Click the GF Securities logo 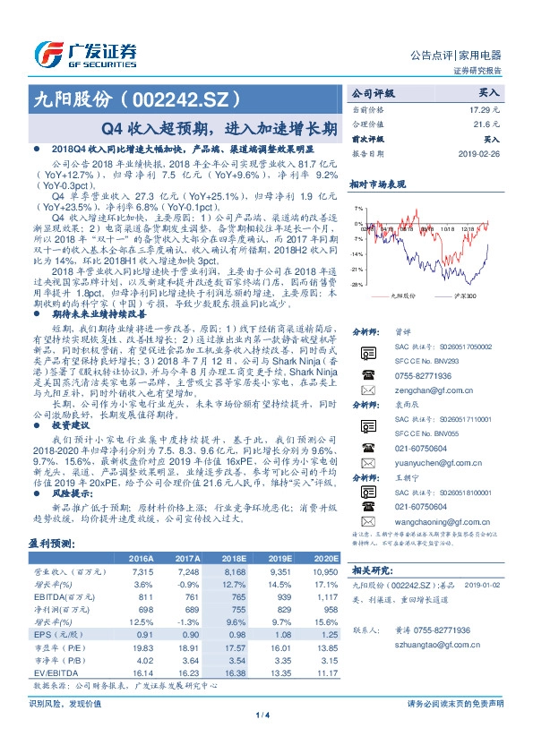(x=84, y=53)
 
